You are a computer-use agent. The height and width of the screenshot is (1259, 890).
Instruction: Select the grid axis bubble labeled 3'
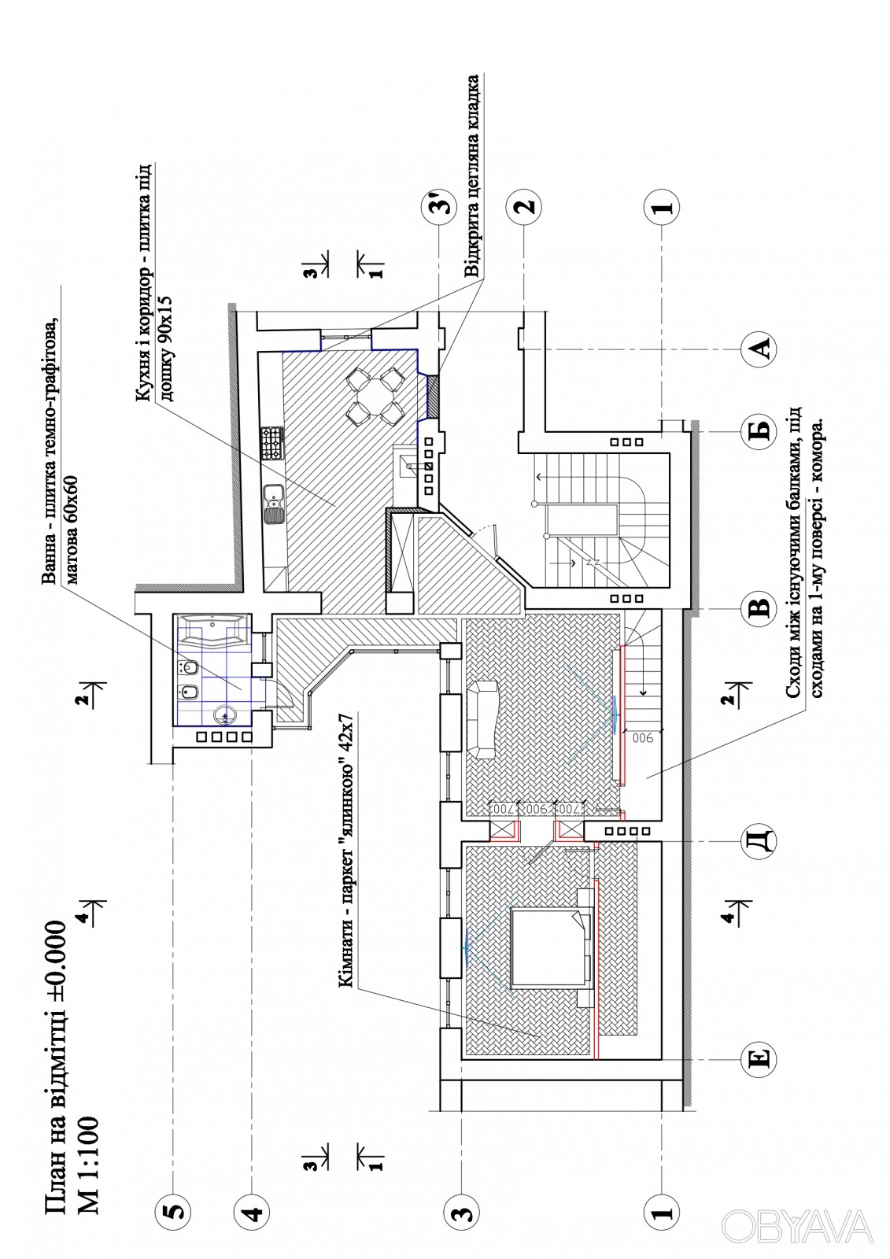pyautogui.click(x=439, y=205)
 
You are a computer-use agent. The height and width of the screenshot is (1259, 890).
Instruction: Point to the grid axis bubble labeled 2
pyautogui.click(x=524, y=205)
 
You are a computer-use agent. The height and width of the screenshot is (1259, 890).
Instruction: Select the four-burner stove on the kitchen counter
pyautogui.click(x=272, y=443)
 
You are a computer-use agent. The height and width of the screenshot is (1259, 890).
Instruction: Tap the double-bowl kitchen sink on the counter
pyautogui.click(x=273, y=504)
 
